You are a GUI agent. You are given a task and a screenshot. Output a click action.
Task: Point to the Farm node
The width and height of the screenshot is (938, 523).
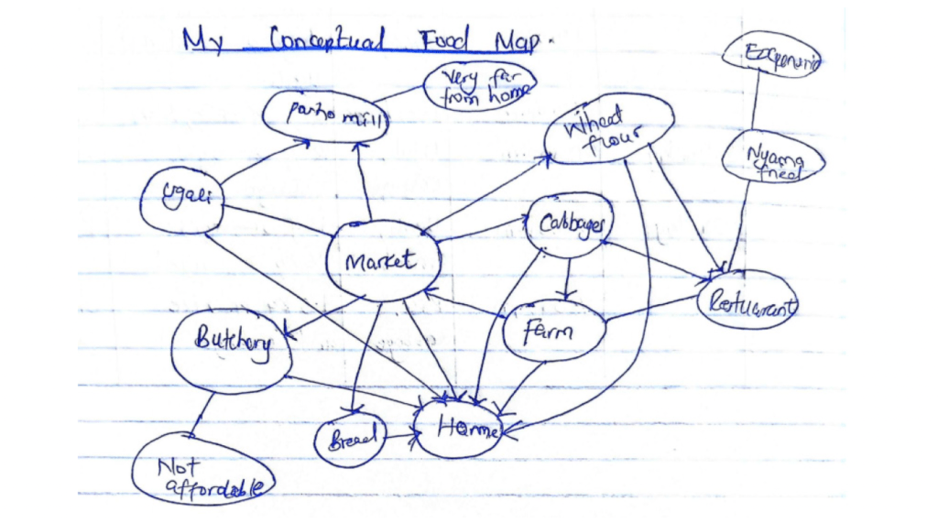pyautogui.click(x=553, y=331)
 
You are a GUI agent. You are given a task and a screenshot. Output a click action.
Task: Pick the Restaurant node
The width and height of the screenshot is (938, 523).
pyautogui.click(x=747, y=300)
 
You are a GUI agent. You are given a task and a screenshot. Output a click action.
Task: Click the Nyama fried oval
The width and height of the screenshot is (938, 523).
pyautogui.click(x=772, y=161)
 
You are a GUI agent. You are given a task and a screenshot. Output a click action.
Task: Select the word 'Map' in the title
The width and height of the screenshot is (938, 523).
pyautogui.click(x=518, y=41)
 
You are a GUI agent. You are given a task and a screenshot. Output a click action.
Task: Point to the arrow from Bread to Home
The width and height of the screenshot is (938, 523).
pyautogui.click(x=401, y=437)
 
